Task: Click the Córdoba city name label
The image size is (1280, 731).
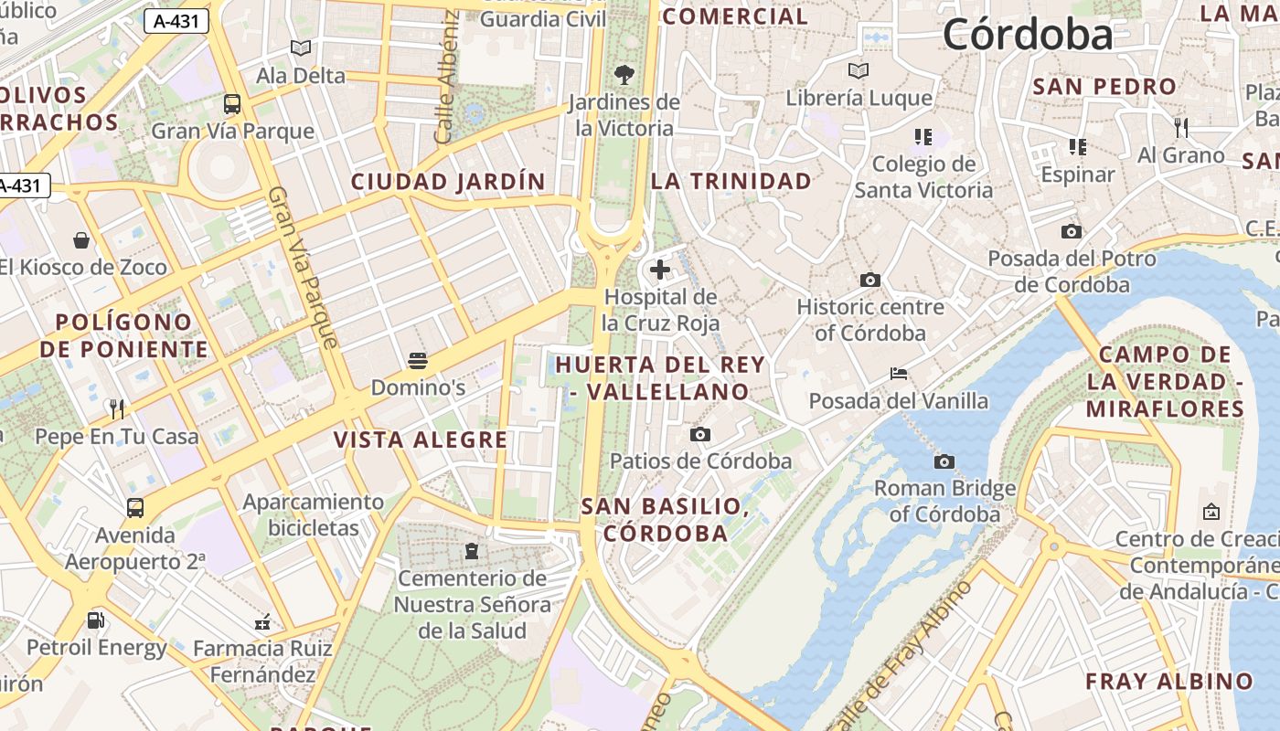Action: click(x=1028, y=35)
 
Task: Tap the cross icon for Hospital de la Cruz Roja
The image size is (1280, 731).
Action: click(x=660, y=270)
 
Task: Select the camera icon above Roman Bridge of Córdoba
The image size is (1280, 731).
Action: click(x=944, y=461)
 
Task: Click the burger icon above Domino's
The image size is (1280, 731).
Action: click(x=418, y=361)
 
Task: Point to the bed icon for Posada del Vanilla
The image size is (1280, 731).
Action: click(x=899, y=374)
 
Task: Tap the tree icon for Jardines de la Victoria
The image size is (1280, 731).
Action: click(x=624, y=75)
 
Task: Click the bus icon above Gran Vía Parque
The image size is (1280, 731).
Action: click(x=232, y=104)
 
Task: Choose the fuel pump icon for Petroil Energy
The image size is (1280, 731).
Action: click(x=95, y=620)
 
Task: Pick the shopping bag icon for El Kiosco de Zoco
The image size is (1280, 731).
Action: click(x=82, y=240)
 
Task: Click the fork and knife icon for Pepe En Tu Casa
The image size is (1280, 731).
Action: click(x=116, y=408)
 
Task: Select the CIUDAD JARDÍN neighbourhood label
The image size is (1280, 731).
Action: click(x=448, y=182)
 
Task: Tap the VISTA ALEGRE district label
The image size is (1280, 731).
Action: click(x=421, y=440)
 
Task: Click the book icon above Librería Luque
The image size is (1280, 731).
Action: click(x=858, y=70)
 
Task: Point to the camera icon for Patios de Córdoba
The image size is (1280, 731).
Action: click(x=700, y=434)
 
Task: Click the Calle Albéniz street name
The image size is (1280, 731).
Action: click(x=446, y=78)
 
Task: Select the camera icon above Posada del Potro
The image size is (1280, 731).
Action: click(x=1072, y=232)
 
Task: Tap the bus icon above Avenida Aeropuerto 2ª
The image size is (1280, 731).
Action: click(x=135, y=508)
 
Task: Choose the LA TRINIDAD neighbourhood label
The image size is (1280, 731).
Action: click(x=731, y=181)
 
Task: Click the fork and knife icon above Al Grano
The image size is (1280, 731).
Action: click(x=1180, y=127)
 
